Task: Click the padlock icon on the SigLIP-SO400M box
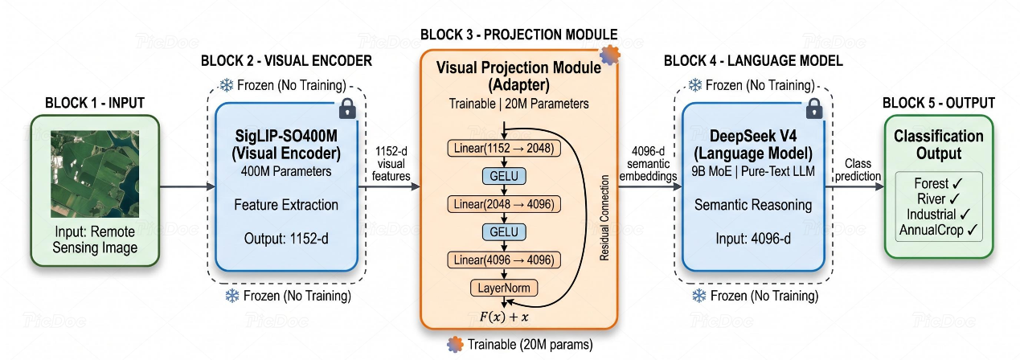pos(347,108)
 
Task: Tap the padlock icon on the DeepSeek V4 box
pos(814,108)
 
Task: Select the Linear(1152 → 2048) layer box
pos(504,149)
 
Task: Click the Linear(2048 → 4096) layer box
pos(504,204)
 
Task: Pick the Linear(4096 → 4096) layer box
pos(504,260)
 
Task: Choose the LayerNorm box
pos(504,288)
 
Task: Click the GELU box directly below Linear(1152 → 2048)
pos(504,176)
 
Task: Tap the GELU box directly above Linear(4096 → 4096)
pos(504,232)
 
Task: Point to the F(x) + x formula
pos(504,317)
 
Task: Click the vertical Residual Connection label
pos(604,218)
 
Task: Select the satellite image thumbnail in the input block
pos(95,174)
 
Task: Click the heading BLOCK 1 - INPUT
pos(95,103)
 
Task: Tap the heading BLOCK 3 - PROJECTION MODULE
pos(518,35)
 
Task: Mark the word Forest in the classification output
pos(932,183)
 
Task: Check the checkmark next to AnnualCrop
pos(973,231)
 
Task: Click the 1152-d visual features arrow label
pos(391,164)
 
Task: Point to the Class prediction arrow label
pos(858,170)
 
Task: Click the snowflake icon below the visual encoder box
pos(232,297)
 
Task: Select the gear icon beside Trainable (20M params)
pos(455,345)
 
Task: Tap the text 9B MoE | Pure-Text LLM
pos(753,172)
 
